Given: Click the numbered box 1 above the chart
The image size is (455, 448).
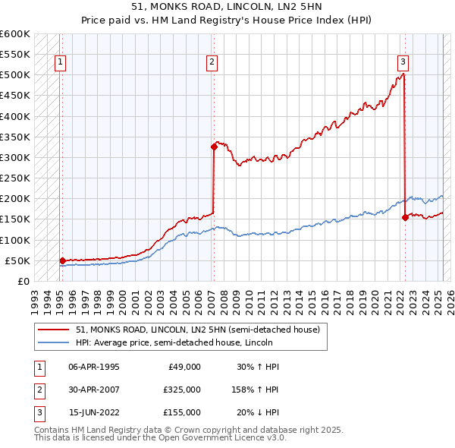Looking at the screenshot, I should (60, 62).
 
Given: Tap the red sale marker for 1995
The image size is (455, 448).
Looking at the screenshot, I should (61, 260).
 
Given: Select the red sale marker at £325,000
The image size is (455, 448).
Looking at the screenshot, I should (214, 147).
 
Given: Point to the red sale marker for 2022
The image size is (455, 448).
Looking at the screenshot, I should (405, 217).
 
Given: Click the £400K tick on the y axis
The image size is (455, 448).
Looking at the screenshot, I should (15, 116).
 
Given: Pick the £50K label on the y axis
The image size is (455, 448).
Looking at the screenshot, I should (17, 260).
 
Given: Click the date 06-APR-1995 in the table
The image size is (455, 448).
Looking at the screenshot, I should (94, 367).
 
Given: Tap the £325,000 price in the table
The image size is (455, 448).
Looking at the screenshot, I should (183, 390).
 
